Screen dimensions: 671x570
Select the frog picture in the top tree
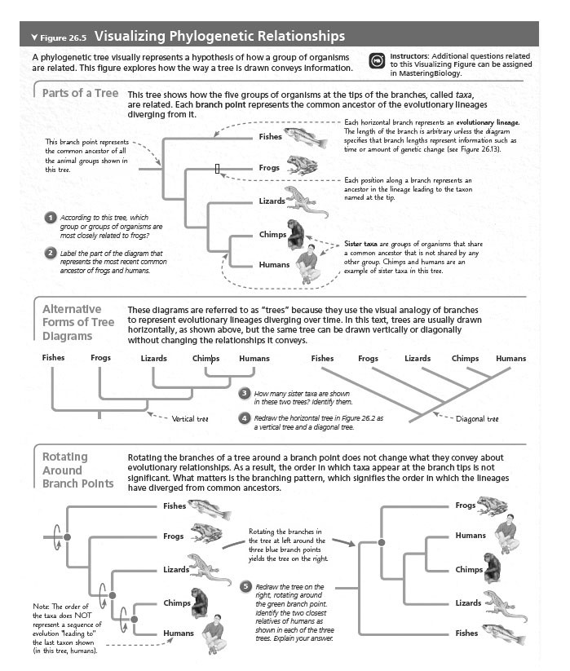pyautogui.click(x=301, y=166)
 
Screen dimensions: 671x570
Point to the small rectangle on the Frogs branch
pyautogui.click(x=217, y=168)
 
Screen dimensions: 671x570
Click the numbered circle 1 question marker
pyautogui.click(x=50, y=217)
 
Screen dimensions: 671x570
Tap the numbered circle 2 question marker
pyautogui.click(x=50, y=253)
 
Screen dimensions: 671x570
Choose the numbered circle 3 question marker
pyautogui.click(x=244, y=393)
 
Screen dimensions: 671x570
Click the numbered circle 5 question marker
pyautogui.click(x=245, y=586)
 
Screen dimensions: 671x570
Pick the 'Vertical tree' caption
pyautogui.click(x=191, y=419)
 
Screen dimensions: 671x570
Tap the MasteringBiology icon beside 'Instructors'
pyautogui.click(x=377, y=61)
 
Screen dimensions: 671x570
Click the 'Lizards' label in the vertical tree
pyautogui.click(x=153, y=358)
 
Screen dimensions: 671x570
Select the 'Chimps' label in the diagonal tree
pyautogui.click(x=465, y=358)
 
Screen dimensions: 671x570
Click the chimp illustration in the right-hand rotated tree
pyautogui.click(x=492, y=566)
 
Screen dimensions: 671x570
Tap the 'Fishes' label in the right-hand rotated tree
pyautogui.click(x=466, y=633)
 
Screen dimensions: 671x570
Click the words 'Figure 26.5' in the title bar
pyautogui.click(x=64, y=37)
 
